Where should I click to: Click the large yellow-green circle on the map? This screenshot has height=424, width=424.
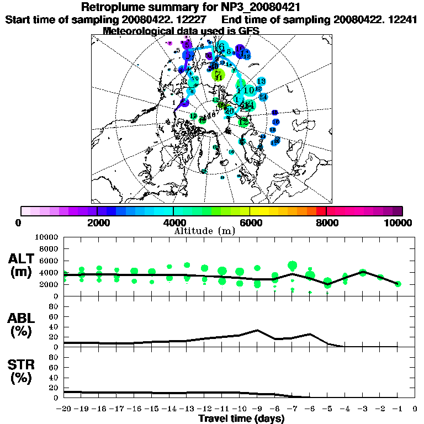(219, 75)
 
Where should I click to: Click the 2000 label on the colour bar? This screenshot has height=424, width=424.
(97, 222)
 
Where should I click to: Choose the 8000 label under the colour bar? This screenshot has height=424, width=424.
(326, 222)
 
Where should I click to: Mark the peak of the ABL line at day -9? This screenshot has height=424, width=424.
(257, 330)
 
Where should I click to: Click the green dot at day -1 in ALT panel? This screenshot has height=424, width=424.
(398, 284)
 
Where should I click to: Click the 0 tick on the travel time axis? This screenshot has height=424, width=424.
(415, 410)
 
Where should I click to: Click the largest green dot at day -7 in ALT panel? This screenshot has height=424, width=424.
(292, 266)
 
